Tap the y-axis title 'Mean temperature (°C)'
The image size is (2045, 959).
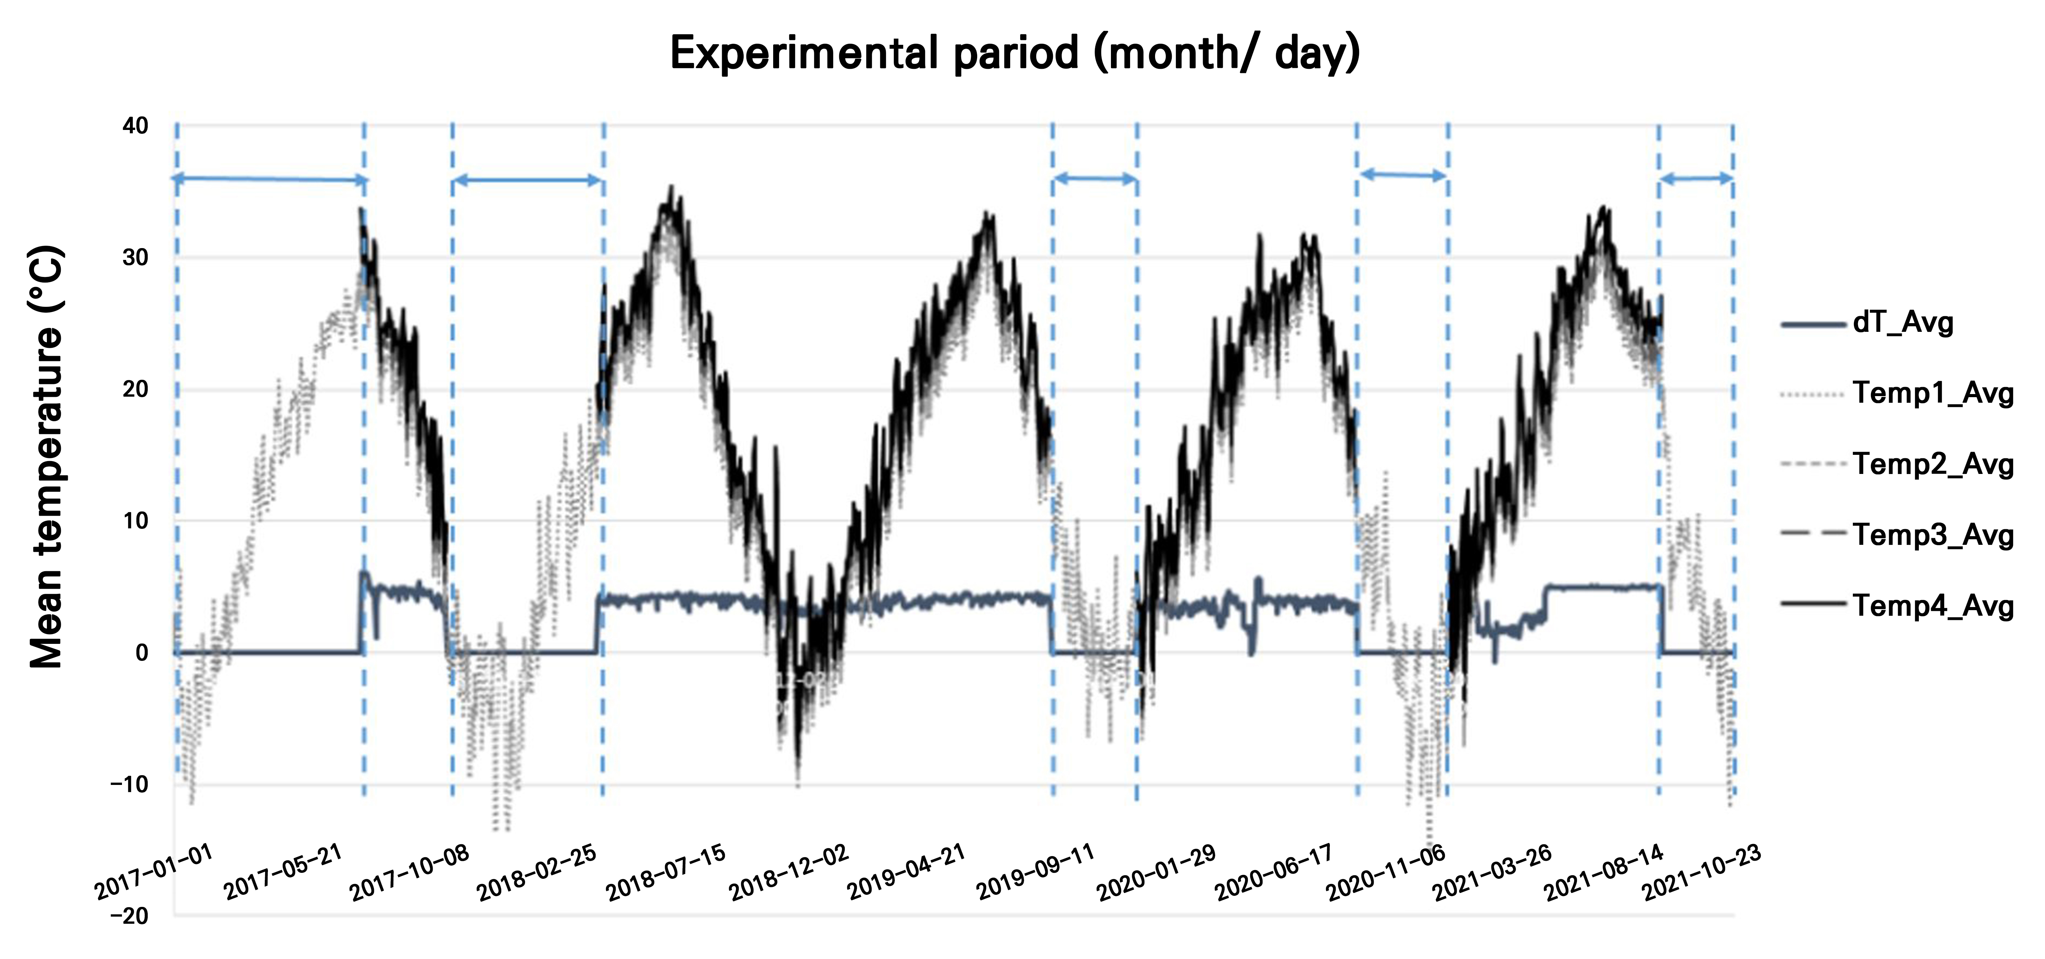46,458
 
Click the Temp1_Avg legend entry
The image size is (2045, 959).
1932,393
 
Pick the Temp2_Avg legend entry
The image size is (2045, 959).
1932,464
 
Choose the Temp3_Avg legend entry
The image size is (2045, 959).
1932,534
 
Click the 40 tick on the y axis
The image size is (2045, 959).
136,125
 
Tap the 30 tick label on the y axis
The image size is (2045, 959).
136,257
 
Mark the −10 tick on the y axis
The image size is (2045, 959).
129,784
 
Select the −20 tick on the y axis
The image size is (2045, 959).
129,916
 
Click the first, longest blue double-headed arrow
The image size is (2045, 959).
270,179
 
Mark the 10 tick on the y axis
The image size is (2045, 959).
136,521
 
